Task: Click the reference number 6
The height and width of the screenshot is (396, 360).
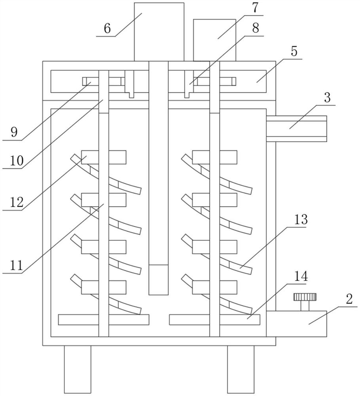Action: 107,28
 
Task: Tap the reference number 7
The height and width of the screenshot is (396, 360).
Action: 255,8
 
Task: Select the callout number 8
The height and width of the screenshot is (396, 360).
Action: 255,28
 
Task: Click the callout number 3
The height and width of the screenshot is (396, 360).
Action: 327,97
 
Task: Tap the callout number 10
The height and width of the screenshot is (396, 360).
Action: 17,160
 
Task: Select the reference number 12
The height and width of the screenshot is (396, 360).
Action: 17,202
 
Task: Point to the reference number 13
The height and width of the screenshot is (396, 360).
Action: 301,219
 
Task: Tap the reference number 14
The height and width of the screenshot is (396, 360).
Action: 301,276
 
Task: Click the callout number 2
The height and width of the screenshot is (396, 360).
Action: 349,299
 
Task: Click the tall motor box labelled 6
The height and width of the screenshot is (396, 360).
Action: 159,32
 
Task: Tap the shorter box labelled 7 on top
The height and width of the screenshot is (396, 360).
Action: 215,40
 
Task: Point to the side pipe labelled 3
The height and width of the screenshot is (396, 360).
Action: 296,129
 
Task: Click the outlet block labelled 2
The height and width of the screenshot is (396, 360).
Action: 296,324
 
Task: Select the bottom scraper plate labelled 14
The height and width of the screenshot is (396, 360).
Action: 215,320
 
